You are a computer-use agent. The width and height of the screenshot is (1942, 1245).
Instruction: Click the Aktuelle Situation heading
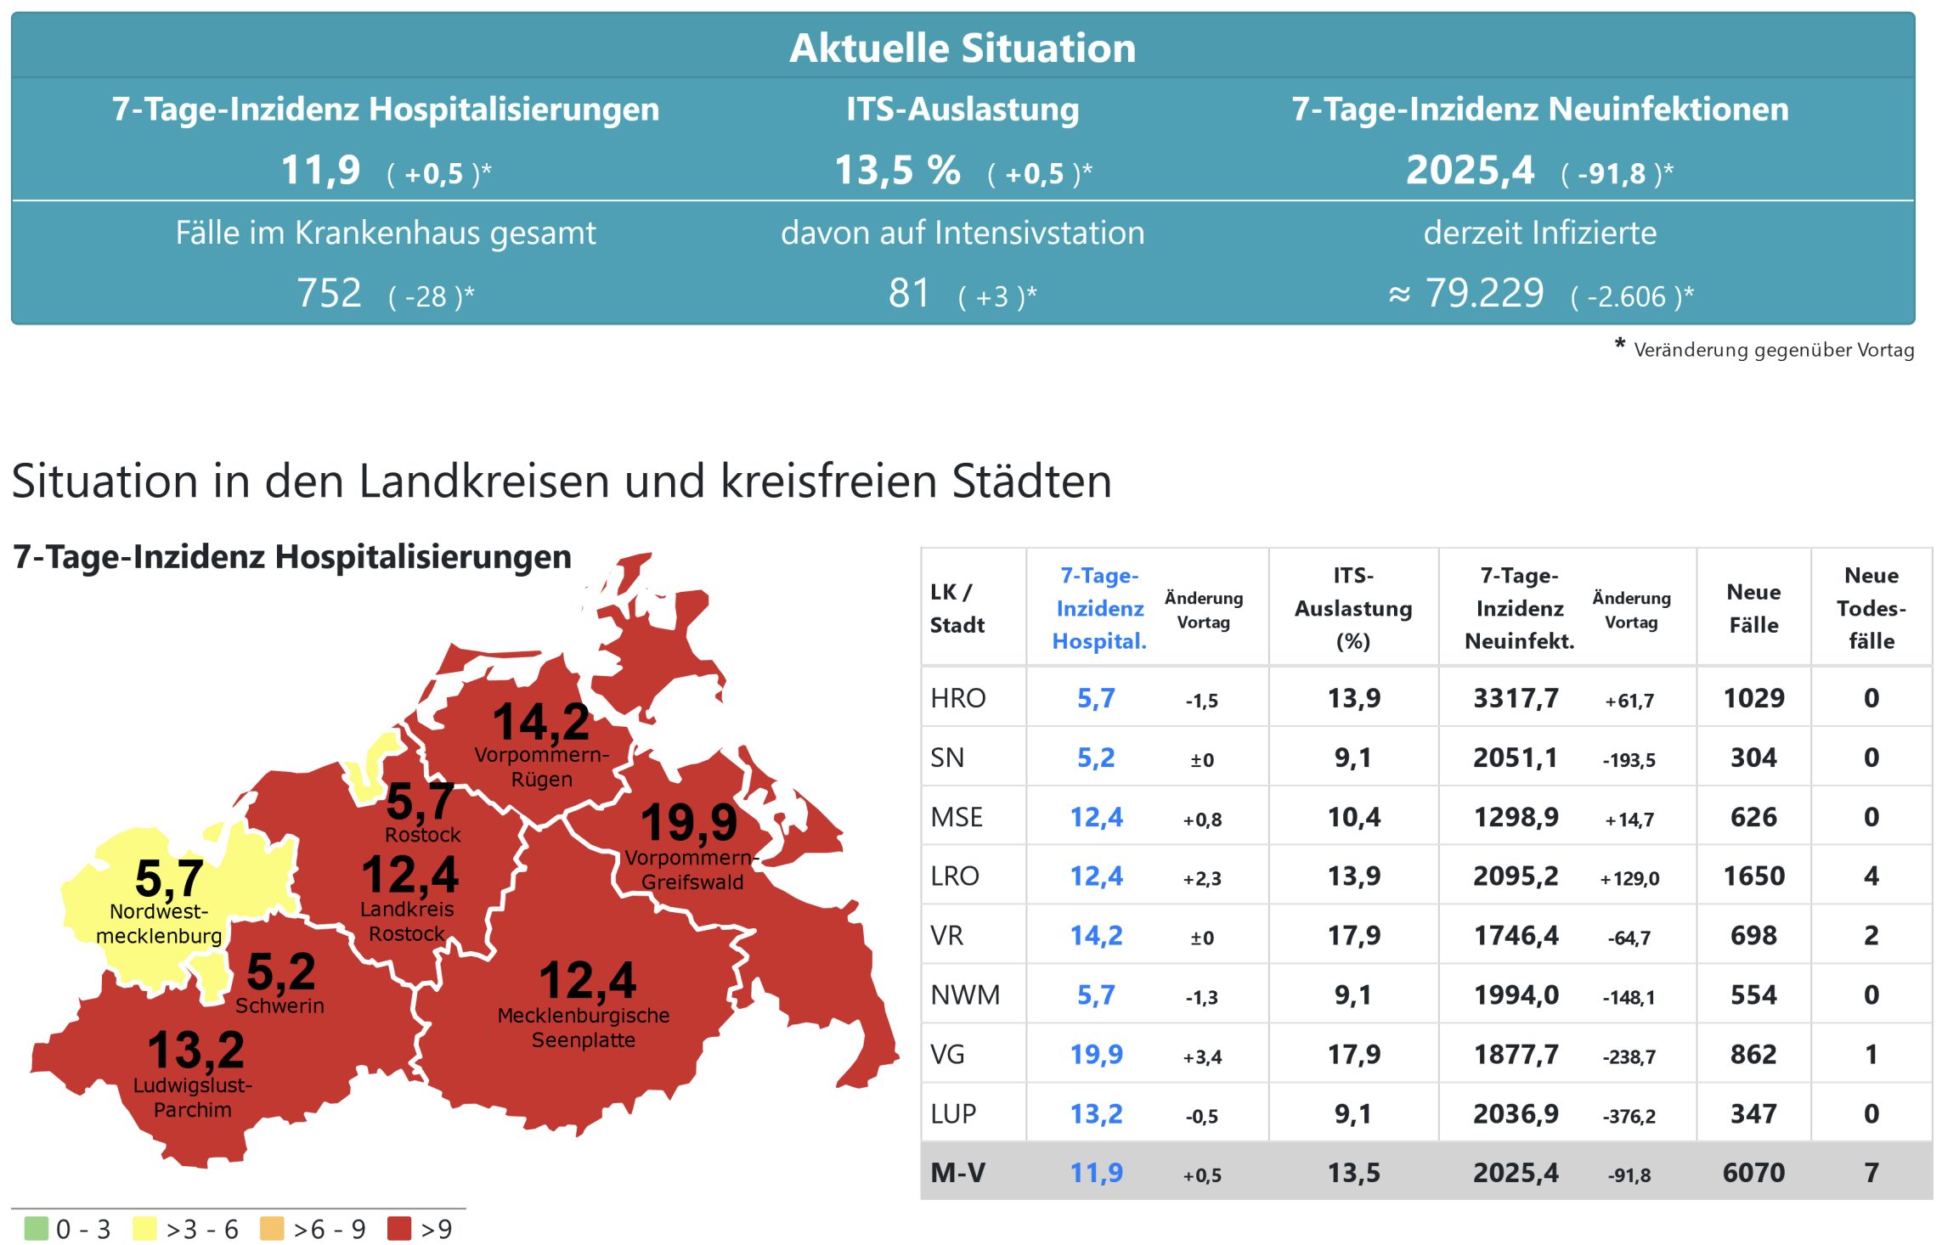coord(963,48)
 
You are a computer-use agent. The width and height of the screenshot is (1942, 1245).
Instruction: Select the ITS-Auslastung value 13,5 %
coord(897,170)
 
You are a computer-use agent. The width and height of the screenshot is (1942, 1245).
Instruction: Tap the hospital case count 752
coord(329,294)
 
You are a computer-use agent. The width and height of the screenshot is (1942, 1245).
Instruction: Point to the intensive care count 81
coord(909,294)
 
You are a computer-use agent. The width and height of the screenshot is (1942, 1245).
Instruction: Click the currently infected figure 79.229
coord(1483,294)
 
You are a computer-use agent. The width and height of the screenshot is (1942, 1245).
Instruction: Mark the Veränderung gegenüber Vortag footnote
coord(1773,350)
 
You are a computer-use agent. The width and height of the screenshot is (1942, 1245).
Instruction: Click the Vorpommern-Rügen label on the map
coord(541,767)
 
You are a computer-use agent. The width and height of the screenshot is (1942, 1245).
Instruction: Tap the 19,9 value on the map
coord(689,822)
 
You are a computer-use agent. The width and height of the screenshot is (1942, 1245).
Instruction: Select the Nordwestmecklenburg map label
coord(159,923)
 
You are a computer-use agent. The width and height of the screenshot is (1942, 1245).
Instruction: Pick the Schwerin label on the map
coord(279,1006)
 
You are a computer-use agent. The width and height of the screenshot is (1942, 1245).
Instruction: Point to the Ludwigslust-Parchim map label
coord(193,1097)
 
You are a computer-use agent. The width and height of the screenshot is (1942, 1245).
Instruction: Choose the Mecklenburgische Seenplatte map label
coord(584,1028)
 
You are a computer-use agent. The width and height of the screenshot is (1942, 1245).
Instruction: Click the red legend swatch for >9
coord(398,1228)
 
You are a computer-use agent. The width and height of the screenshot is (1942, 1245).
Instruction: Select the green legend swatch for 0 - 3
coord(37,1228)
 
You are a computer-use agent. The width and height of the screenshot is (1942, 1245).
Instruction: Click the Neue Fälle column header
coord(1753,608)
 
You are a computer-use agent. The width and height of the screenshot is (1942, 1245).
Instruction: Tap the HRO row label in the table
coord(958,698)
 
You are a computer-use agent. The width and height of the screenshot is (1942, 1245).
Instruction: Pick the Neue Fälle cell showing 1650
coord(1753,876)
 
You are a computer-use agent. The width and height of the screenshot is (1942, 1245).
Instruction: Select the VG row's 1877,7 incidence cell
coord(1516,1054)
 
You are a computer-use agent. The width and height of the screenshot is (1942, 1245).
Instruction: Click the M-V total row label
coord(957,1173)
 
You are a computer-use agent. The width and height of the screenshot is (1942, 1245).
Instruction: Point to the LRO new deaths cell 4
coord(1871,876)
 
